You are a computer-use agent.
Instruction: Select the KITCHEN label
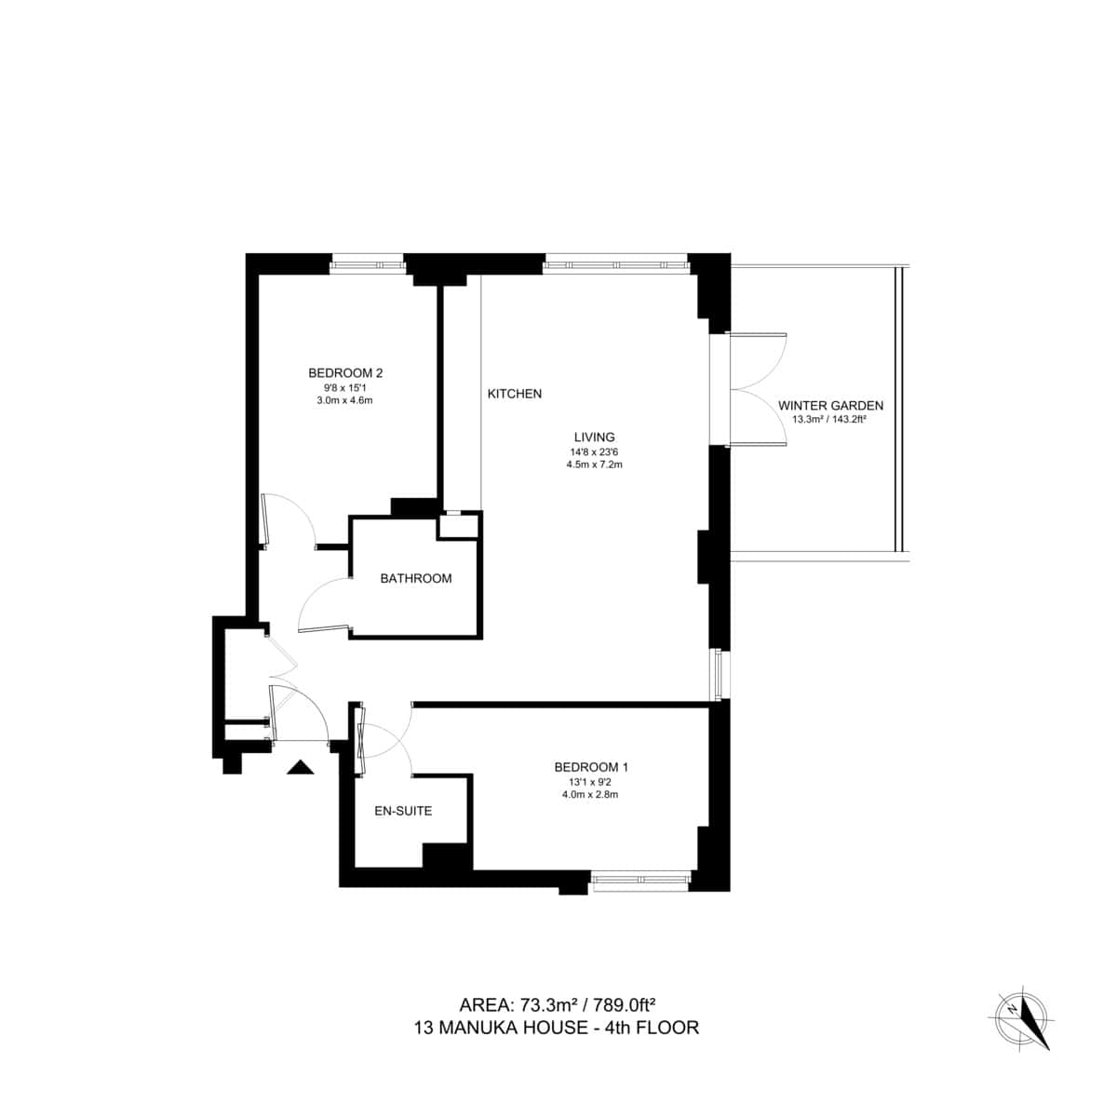[514, 394]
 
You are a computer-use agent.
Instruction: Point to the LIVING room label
[594, 437]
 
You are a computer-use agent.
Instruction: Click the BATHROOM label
[415, 578]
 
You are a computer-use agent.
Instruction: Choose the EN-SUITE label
[403, 811]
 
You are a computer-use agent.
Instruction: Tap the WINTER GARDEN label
[830, 406]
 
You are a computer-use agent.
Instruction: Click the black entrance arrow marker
[300, 768]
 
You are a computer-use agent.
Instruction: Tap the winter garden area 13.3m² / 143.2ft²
[829, 420]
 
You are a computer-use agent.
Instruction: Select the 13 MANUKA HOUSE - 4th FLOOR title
[557, 1028]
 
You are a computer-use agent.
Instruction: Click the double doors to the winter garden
[760, 390]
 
